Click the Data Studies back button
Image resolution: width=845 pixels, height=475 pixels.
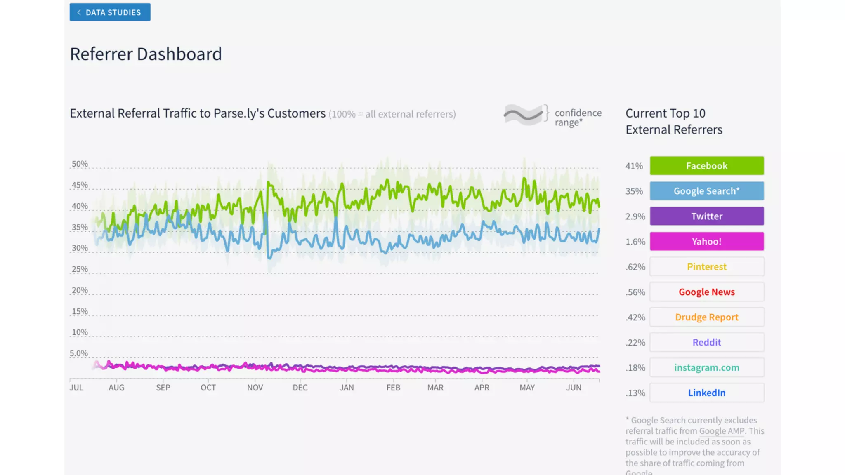pos(110,12)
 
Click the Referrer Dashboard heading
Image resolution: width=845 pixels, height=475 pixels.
pos(146,54)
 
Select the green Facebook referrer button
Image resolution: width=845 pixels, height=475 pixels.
pos(706,166)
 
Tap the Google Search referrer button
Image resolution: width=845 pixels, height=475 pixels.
pos(706,191)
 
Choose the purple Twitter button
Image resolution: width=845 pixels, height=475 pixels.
pos(706,216)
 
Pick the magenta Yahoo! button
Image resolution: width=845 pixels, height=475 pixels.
pos(706,241)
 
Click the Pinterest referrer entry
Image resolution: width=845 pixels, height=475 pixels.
pos(706,267)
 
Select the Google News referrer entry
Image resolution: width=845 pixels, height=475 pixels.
pos(706,292)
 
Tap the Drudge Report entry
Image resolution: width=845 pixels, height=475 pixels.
pos(706,317)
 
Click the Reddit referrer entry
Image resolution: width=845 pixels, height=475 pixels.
pos(706,342)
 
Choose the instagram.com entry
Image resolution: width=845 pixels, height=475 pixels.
pos(706,367)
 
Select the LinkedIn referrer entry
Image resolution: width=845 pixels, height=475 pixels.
pos(706,393)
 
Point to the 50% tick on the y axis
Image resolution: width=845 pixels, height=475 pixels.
pos(80,164)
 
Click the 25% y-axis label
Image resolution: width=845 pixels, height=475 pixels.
pos(80,269)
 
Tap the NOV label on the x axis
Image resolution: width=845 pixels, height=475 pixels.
pos(255,388)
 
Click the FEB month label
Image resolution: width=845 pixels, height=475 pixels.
pos(393,388)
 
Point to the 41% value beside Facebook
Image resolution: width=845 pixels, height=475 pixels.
pos(634,166)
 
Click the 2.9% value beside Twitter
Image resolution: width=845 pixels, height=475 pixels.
pos(635,216)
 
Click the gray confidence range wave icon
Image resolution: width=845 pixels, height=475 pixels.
pos(523,115)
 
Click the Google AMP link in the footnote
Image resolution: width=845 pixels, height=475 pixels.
pos(722,431)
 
